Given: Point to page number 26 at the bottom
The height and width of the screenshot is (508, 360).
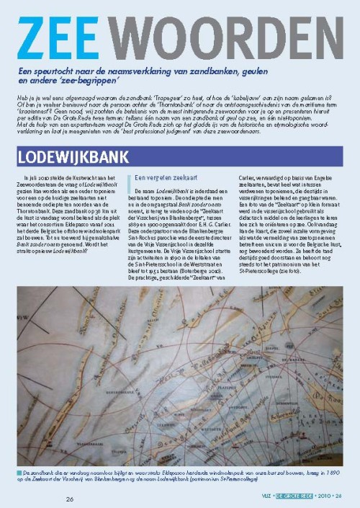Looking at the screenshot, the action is click(x=70, y=499).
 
